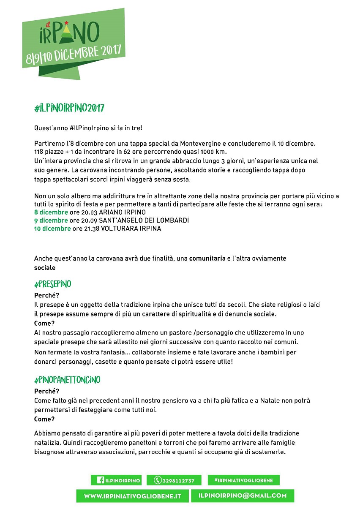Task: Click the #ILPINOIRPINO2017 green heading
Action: [x=69, y=108]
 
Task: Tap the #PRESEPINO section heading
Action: [x=52, y=284]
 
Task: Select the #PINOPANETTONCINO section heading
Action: [x=67, y=380]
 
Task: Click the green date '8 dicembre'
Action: [x=51, y=212]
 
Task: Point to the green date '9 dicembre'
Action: [x=51, y=220]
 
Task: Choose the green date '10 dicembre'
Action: [x=52, y=229]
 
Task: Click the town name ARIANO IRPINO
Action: [x=122, y=212]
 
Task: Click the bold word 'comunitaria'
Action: [x=207, y=259]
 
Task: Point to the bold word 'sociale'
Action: [x=45, y=267]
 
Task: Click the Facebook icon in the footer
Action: [x=101, y=480]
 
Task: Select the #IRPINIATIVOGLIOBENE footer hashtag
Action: [x=243, y=480]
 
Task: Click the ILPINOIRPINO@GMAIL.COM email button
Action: [x=243, y=495]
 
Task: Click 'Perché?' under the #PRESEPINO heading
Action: [x=46, y=296]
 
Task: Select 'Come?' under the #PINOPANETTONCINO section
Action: [x=44, y=419]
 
